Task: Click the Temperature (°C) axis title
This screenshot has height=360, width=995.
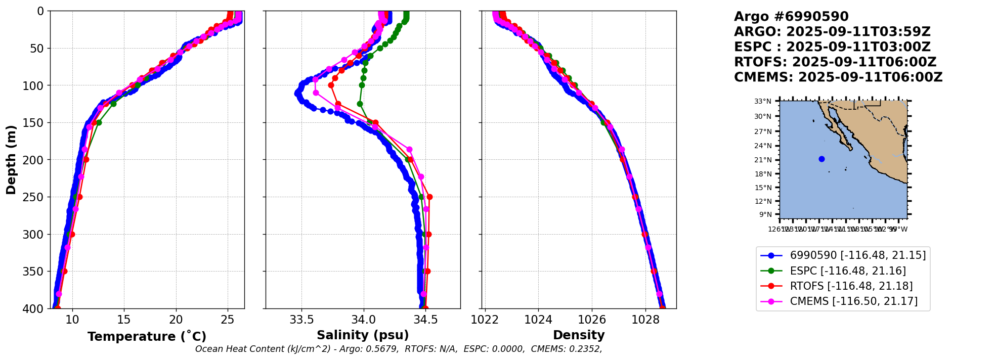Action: tap(147, 336)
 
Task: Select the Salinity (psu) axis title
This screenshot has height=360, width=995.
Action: tap(363, 335)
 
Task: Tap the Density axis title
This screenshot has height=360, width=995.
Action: tap(579, 335)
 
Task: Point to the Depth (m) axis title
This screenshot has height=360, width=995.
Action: tap(11, 160)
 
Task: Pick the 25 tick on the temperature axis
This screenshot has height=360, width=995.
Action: tap(228, 320)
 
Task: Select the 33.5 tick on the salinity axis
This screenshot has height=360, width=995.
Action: tap(301, 320)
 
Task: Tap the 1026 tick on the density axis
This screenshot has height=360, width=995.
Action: tap(592, 320)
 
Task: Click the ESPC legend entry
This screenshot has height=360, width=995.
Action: tap(848, 271)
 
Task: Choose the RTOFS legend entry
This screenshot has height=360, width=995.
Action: tap(851, 286)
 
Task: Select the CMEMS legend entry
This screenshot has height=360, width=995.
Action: tap(854, 301)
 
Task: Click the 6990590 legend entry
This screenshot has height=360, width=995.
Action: tap(858, 255)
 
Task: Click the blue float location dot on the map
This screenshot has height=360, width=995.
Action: tap(821, 159)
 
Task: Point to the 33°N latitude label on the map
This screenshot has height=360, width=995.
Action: tap(763, 102)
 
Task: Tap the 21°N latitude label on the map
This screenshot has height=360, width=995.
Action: tap(763, 160)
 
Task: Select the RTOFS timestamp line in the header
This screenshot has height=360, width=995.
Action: tap(835, 62)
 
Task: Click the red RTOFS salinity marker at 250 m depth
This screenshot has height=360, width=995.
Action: tap(429, 197)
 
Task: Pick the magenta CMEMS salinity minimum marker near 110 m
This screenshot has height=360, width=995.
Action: tap(316, 93)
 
